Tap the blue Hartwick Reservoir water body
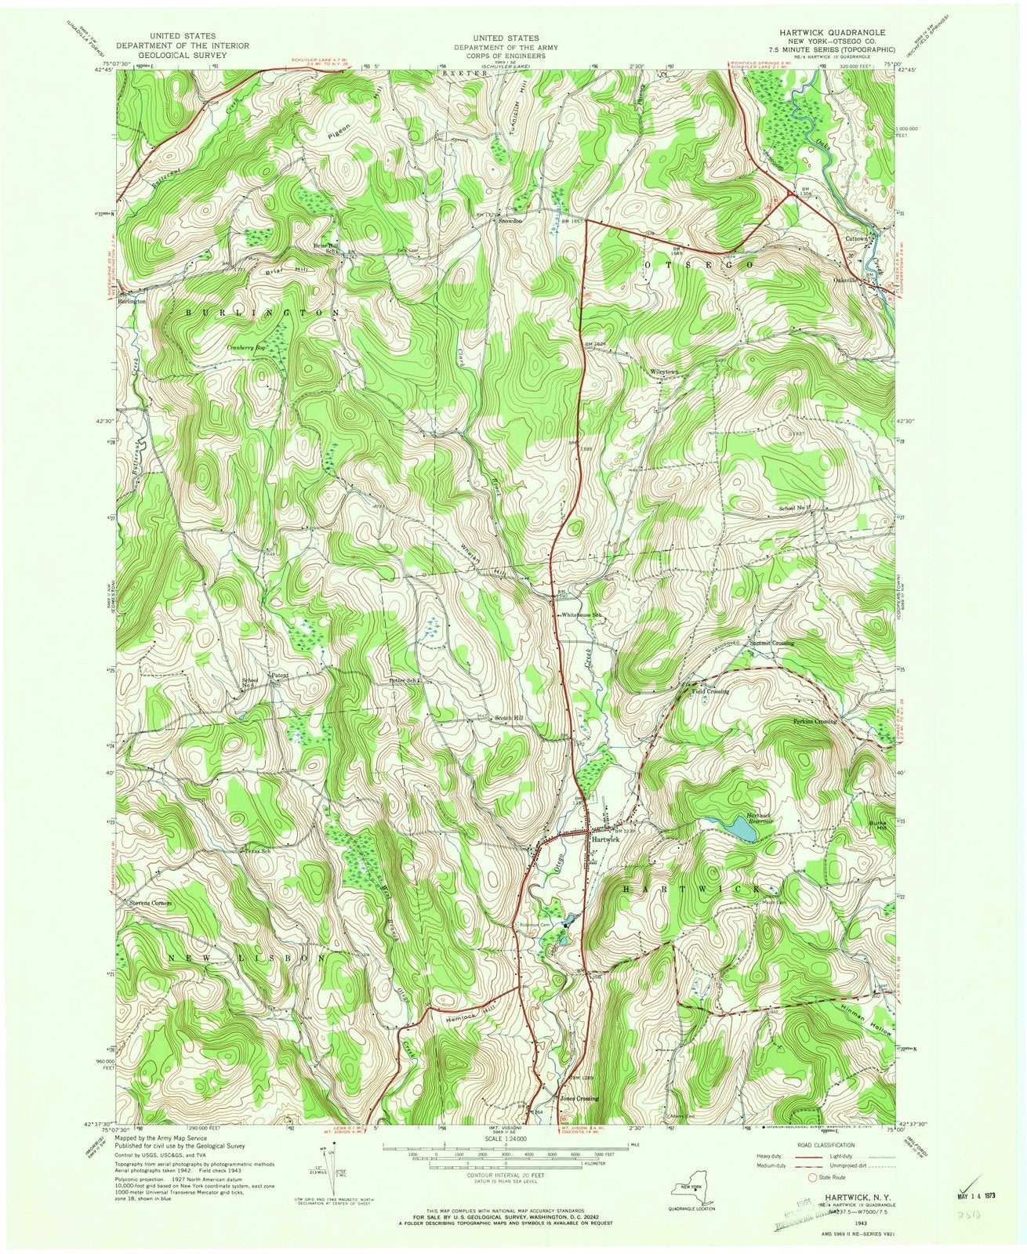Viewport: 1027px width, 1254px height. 741,828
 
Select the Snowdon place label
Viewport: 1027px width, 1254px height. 506,221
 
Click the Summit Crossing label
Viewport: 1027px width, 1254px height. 771,643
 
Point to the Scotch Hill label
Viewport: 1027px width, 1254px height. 507,718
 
